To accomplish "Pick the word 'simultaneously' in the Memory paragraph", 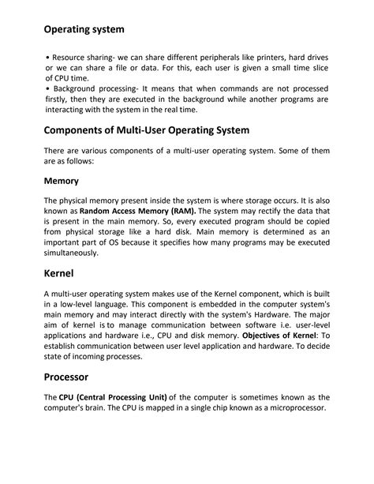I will (71, 253).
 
